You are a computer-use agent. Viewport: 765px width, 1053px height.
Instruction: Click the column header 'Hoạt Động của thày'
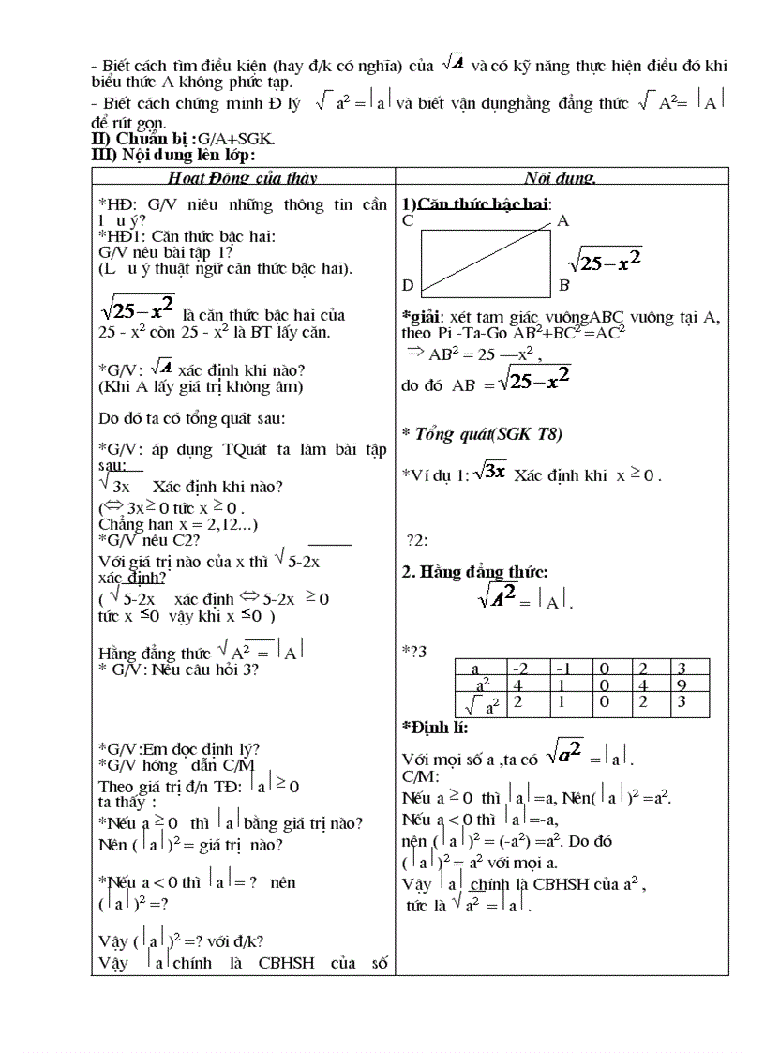(242, 178)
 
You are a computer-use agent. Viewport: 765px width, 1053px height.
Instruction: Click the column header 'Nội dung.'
(561, 178)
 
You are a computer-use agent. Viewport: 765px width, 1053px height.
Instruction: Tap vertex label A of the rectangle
(563, 221)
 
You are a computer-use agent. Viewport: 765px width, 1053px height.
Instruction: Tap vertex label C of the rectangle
(408, 221)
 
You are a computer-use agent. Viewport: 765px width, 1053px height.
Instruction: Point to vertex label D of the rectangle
(408, 285)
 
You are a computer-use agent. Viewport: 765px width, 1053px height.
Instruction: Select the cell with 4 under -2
(517, 685)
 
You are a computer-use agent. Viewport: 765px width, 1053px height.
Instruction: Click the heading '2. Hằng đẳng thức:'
(475, 571)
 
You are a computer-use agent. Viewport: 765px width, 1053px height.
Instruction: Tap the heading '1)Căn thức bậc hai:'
(476, 203)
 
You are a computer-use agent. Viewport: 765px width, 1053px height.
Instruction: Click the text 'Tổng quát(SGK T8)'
(487, 433)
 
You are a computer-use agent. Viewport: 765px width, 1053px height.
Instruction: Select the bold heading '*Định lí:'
(435, 728)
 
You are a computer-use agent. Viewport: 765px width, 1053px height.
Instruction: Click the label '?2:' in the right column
(417, 539)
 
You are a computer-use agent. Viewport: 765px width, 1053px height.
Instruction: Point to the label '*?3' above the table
(414, 651)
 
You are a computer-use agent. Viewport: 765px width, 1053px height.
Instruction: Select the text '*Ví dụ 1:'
(435, 475)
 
